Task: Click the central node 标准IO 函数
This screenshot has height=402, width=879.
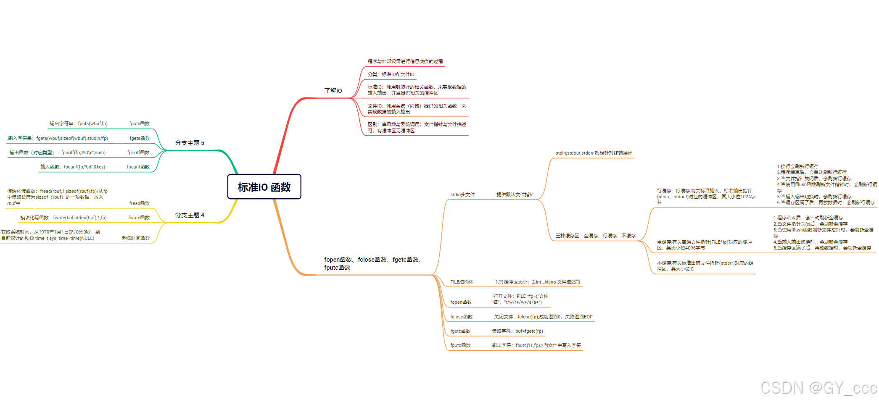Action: (x=264, y=187)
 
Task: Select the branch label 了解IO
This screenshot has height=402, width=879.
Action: (x=333, y=91)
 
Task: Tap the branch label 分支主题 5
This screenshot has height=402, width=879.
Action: (x=190, y=143)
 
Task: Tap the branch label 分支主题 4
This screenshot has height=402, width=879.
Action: (x=190, y=215)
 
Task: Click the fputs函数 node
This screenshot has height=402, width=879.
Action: (x=139, y=123)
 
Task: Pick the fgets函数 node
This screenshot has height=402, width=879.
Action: (x=140, y=138)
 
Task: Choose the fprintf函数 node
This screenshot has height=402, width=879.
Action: (x=138, y=152)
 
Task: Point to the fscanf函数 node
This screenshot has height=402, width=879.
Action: (x=138, y=167)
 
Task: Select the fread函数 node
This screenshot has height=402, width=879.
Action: (x=139, y=203)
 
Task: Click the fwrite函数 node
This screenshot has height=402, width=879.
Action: (x=139, y=218)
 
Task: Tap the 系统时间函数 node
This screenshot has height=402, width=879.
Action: (x=136, y=238)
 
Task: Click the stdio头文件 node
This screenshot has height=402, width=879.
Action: (x=462, y=194)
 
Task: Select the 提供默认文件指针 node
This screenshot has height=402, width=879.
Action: (x=515, y=194)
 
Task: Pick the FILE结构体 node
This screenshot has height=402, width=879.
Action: (x=462, y=282)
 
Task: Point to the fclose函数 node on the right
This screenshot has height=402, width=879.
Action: (x=461, y=317)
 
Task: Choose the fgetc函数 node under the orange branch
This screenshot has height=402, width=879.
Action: (x=460, y=331)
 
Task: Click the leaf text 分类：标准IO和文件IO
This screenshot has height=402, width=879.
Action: (x=391, y=74)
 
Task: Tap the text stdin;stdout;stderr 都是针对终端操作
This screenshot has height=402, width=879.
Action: (x=594, y=153)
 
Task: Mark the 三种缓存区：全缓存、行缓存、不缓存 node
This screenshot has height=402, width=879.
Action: (x=595, y=236)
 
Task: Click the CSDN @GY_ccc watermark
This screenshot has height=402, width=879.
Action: (x=818, y=388)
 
